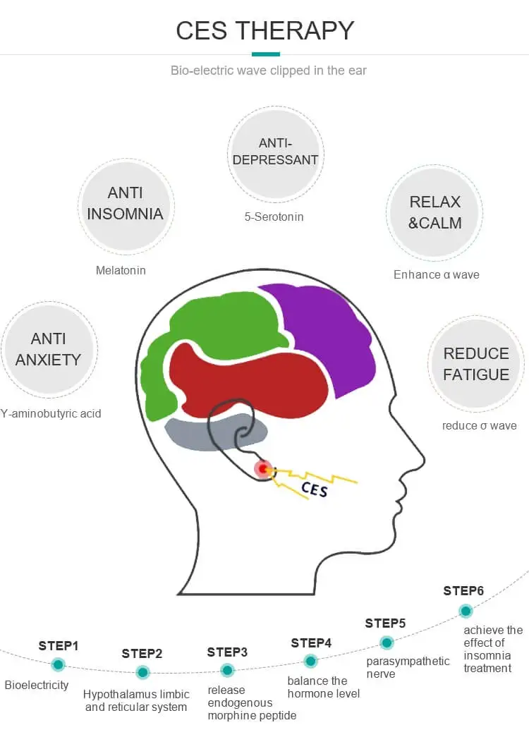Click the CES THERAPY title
[264, 30]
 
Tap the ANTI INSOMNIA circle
[126, 204]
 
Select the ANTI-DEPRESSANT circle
[275, 152]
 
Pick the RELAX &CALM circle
[435, 212]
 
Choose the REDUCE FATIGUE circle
[475, 364]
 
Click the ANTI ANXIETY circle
[48, 349]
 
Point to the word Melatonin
[121, 270]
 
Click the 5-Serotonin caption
[274, 217]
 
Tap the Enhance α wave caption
[436, 274]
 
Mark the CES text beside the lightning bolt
[315, 488]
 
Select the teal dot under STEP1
[58, 664]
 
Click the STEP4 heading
[311, 643]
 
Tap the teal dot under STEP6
[465, 611]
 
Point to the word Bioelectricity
[37, 685]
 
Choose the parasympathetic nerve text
[408, 667]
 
